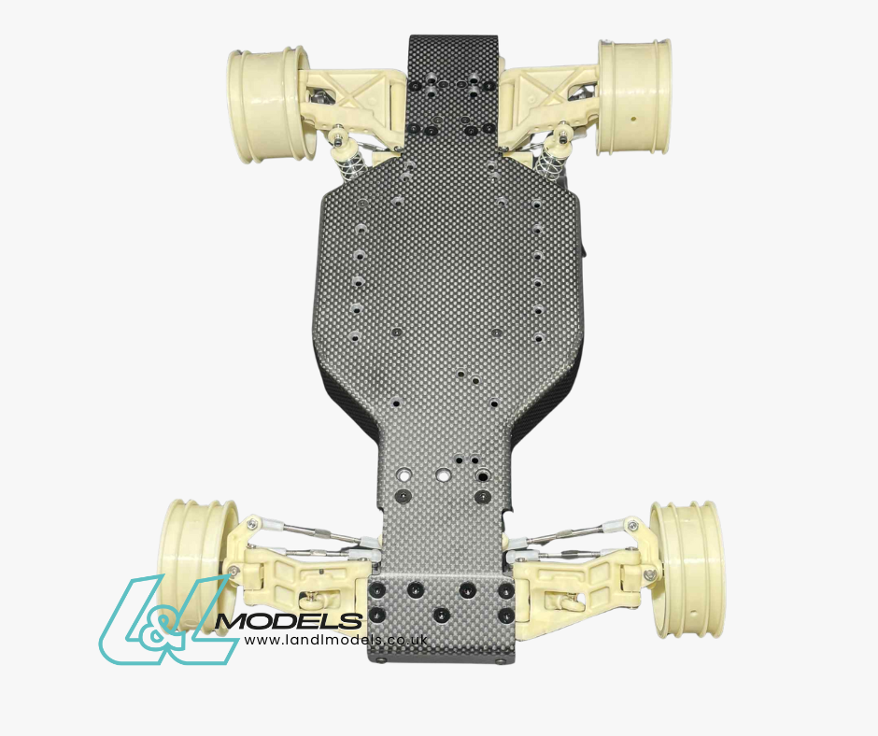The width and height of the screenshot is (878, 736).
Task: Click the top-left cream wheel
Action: (x=269, y=104)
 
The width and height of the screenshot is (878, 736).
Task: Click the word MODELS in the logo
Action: (x=289, y=620)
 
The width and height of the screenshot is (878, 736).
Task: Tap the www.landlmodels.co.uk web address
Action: (x=335, y=640)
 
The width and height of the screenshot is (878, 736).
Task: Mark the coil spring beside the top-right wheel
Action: (x=545, y=163)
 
